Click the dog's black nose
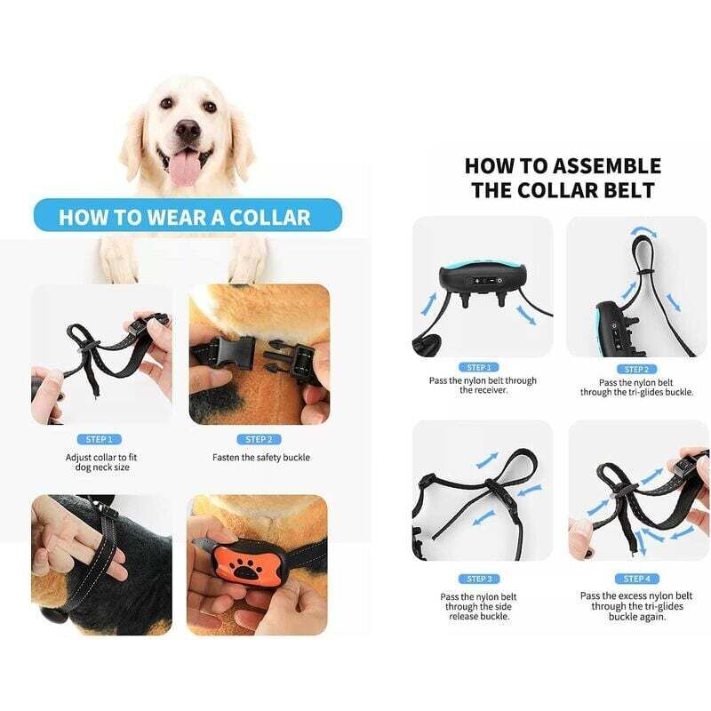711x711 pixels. (188, 130)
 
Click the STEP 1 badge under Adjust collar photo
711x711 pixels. (100, 439)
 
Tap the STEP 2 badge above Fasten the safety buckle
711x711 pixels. (259, 439)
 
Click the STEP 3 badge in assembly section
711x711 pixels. (479, 579)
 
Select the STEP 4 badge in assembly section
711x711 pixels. (636, 579)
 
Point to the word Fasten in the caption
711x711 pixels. (227, 457)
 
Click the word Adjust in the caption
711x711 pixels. (78, 458)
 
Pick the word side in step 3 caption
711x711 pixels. (501, 607)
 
